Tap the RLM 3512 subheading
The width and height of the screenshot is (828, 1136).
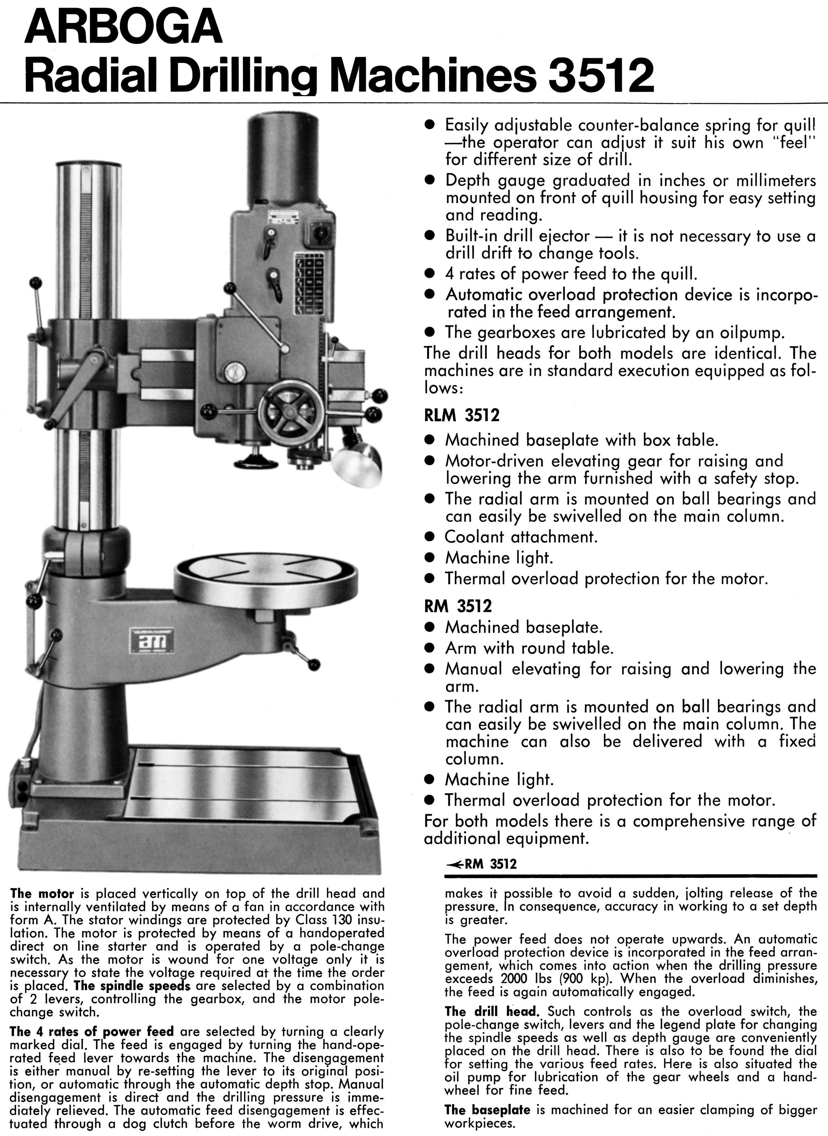(x=462, y=415)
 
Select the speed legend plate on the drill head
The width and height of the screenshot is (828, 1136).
(x=308, y=283)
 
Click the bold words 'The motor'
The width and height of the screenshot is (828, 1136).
(x=42, y=894)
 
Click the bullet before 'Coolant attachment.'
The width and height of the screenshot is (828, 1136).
(x=429, y=537)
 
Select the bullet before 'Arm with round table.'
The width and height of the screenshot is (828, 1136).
(x=429, y=648)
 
